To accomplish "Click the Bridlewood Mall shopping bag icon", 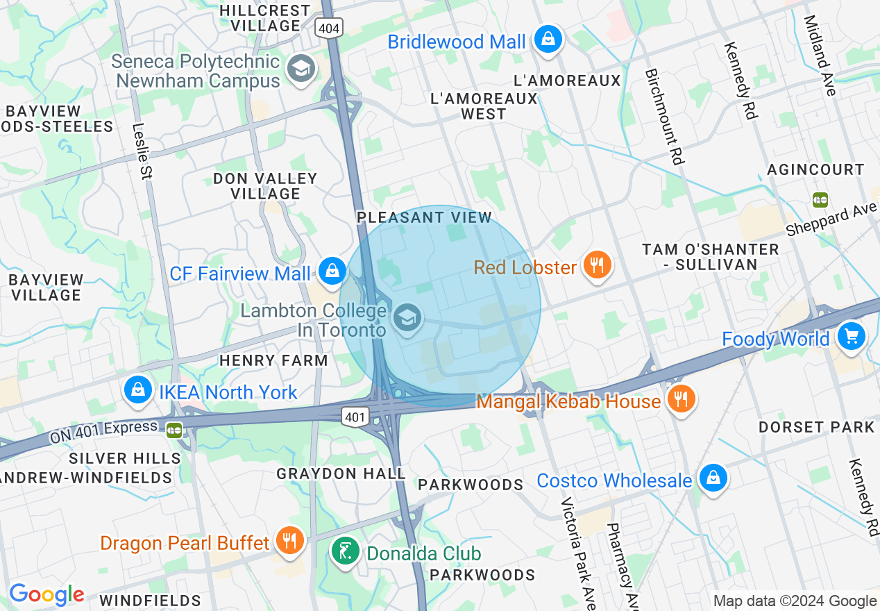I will point(548,40).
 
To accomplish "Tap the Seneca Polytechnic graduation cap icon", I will point(301,69).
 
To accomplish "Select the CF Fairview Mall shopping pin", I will point(332,271).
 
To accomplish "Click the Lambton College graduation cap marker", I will point(407,319).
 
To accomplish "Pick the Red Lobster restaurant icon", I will point(596,265).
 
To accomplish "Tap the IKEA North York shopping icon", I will point(139,390).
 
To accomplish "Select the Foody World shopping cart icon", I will point(851,337).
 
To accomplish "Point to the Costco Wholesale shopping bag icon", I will point(712,478).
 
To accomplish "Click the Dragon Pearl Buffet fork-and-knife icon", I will point(289,540).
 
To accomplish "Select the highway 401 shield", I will point(353,417).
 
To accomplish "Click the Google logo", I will point(46,594).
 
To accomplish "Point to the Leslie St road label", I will point(142,151).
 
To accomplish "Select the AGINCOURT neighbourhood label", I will point(815,170).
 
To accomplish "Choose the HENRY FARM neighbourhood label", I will point(273,360).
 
